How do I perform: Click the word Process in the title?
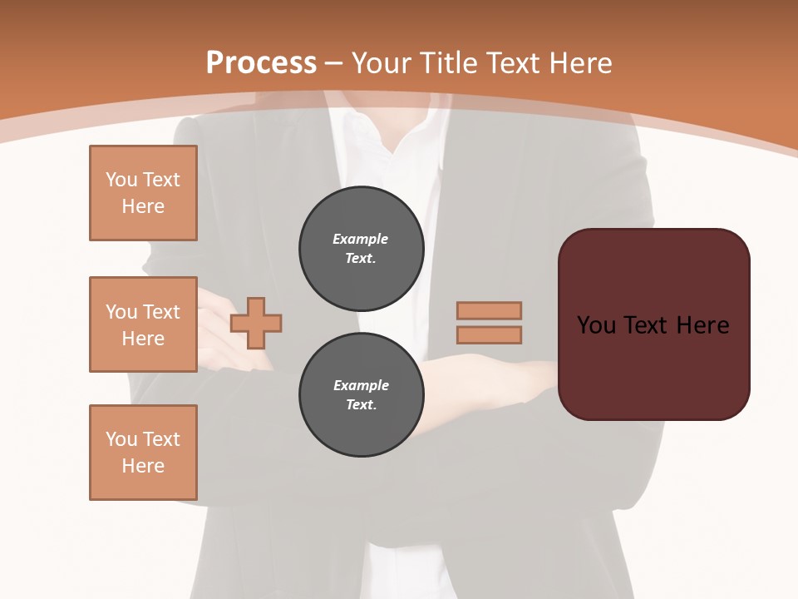pyautogui.click(x=261, y=63)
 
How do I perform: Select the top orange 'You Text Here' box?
pyautogui.click(x=143, y=193)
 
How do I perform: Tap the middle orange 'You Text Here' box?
pyautogui.click(x=143, y=324)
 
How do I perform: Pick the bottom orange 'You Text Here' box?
pyautogui.click(x=143, y=453)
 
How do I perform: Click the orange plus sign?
pyautogui.click(x=256, y=323)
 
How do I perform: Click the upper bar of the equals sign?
pyautogui.click(x=489, y=310)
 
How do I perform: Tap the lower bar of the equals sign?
pyautogui.click(x=489, y=335)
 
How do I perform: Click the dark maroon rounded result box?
pyautogui.click(x=653, y=366)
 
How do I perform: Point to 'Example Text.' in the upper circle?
pyautogui.click(x=361, y=249)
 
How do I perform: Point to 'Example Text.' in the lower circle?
pyautogui.click(x=361, y=395)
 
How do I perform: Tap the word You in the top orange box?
pyautogui.click(x=121, y=180)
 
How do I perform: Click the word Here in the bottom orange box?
pyautogui.click(x=143, y=466)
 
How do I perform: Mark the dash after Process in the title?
pyautogui.click(x=334, y=63)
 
